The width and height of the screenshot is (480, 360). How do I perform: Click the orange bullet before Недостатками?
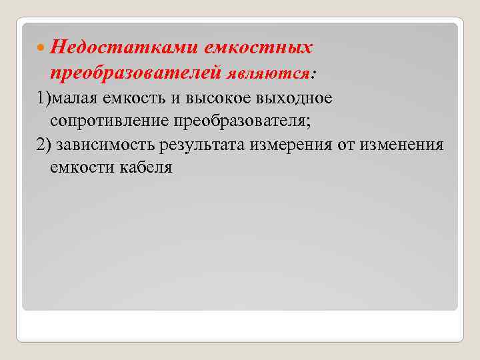[x=42, y=48]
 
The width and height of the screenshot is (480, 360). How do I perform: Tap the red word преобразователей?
[x=136, y=71]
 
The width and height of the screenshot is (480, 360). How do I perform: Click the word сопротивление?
[x=118, y=122]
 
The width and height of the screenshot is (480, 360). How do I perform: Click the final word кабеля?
[x=146, y=169]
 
